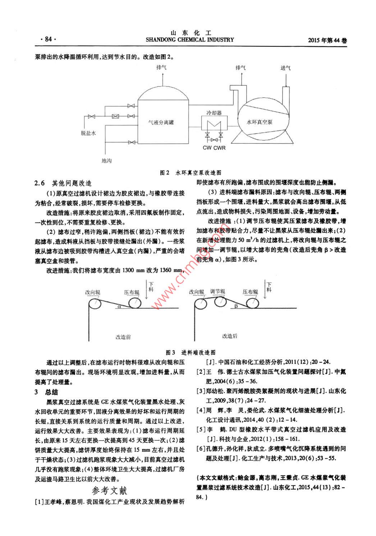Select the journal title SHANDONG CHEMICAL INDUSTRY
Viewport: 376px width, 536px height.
190,40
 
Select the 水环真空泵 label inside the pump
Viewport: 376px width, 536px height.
260,122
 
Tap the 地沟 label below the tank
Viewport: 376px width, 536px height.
106,160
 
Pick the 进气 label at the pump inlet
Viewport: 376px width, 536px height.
286,68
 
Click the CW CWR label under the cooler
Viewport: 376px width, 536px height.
214,147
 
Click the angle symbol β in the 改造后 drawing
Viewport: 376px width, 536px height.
236,306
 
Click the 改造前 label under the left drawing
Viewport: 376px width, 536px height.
123,337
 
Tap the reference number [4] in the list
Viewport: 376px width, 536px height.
200,410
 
